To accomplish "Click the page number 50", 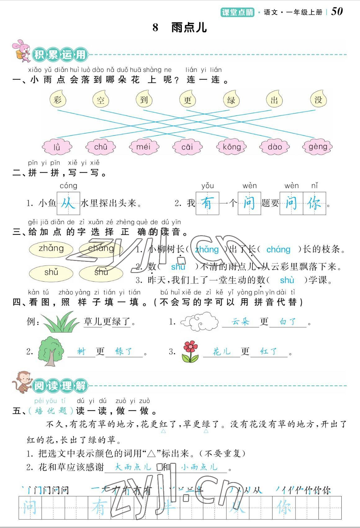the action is coord(337,11).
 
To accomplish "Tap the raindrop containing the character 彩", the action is coord(58,99).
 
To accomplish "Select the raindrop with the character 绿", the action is coord(231,99).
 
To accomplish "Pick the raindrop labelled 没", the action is coord(318,99).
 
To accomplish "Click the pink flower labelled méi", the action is coord(144,146).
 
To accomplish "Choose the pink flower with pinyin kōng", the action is coord(232,147).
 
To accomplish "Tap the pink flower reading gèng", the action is coord(318,146).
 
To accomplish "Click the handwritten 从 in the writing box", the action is coord(68,204).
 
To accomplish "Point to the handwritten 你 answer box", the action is coord(314,204).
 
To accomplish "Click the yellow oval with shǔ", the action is coord(51,272).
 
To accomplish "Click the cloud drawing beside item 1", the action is coord(200,322).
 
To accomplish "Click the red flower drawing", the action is coord(190,351).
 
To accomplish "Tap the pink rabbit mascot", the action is coord(21,50).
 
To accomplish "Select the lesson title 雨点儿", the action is coord(189,28).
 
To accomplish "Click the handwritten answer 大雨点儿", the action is coord(133,467).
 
